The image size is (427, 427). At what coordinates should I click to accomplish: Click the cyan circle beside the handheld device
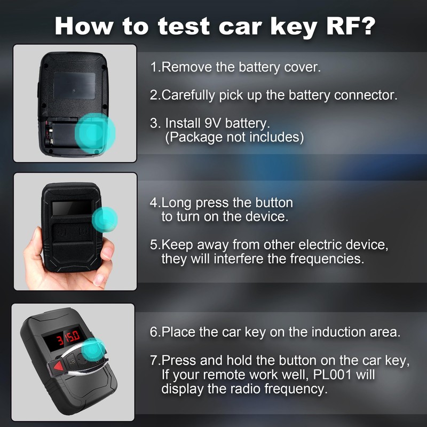pyautogui.click(x=105, y=219)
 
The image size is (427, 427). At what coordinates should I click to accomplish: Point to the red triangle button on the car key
pyautogui.click(x=57, y=368)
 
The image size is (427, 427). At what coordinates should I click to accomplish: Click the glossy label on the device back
pyautogui.click(x=74, y=84)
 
